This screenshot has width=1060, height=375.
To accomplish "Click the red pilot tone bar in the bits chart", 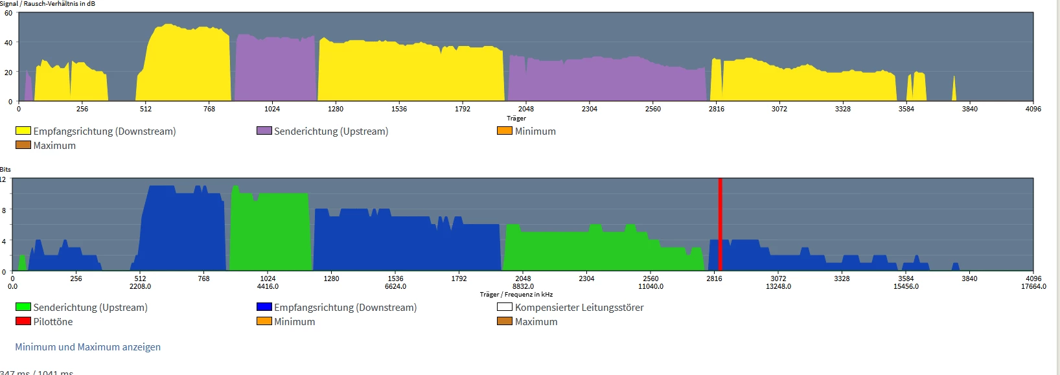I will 720,223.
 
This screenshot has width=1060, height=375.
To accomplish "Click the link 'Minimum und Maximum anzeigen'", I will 88,347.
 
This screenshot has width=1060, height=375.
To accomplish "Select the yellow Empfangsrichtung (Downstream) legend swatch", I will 23,131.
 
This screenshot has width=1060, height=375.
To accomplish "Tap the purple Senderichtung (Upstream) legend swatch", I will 264,131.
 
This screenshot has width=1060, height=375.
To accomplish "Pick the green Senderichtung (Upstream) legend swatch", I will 23,307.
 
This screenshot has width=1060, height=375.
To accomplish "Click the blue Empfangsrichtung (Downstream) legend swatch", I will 264,307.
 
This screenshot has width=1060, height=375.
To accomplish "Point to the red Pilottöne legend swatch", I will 23,321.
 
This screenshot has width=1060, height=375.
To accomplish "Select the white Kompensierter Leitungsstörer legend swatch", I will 505,307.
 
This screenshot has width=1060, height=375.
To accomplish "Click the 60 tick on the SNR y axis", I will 8,13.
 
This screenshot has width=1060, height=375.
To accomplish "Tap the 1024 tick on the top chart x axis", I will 272,109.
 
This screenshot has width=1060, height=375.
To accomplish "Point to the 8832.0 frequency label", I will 523,286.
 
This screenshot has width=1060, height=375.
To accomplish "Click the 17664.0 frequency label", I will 1033,286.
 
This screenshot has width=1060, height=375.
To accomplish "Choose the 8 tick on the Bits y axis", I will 4,210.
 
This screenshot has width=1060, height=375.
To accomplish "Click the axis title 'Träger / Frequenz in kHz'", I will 516,295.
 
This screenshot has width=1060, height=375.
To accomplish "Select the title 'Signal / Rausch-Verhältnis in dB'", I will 48,4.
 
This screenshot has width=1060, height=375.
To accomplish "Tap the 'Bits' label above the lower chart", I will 5,170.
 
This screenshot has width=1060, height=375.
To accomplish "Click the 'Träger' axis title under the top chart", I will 516,118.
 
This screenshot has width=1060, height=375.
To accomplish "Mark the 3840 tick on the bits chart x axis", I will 969,278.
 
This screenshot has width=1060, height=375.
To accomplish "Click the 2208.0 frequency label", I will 140,286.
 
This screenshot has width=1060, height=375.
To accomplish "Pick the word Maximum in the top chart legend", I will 54,146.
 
